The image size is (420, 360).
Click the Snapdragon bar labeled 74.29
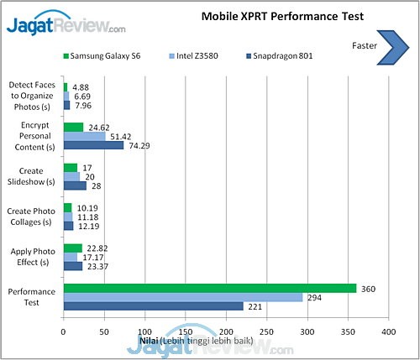click(x=93, y=145)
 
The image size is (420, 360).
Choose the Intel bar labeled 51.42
click(x=84, y=136)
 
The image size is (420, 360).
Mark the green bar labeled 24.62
click(x=73, y=127)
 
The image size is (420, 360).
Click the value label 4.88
click(x=81, y=86)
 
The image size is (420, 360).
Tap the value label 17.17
click(x=92, y=257)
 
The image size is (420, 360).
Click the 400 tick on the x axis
click(x=388, y=332)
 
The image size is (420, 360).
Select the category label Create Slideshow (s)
click(x=31, y=176)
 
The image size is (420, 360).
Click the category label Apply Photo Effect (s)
click(x=31, y=257)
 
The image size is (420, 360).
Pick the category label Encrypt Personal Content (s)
click(x=31, y=136)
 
